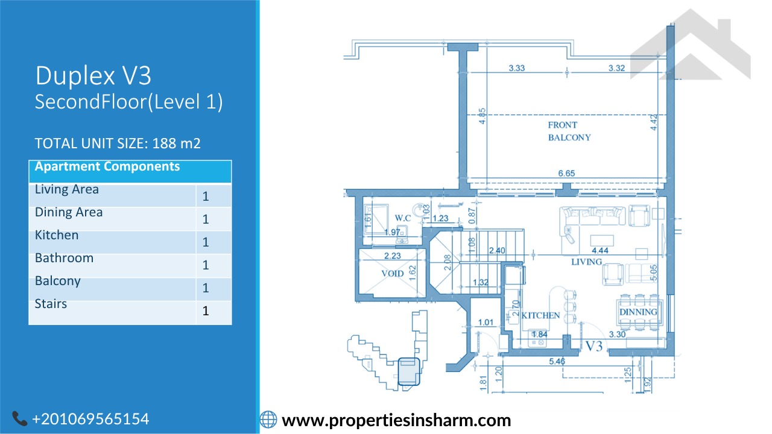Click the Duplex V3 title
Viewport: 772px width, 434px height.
tap(93, 76)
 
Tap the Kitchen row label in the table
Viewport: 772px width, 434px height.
tap(57, 235)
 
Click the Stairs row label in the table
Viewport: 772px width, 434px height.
tap(51, 304)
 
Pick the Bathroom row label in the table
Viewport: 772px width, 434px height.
tap(64, 258)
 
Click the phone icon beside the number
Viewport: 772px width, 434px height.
tap(20, 418)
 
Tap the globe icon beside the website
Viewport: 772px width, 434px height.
tap(268, 420)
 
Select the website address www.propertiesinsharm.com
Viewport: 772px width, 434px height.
tap(396, 421)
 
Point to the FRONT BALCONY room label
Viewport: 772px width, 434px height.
tap(569, 131)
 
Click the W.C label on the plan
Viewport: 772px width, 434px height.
tap(402, 218)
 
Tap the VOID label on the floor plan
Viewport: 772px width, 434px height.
tap(393, 274)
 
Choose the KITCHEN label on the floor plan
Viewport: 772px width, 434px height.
tap(540, 315)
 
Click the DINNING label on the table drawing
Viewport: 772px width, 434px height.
tap(638, 312)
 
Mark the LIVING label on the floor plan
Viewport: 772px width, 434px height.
tap(587, 262)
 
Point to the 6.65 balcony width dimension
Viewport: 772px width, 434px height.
tap(566, 173)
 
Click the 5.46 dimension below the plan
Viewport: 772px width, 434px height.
tap(557, 361)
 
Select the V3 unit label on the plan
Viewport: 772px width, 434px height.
tap(594, 346)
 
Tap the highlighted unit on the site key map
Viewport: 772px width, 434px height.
tap(409, 371)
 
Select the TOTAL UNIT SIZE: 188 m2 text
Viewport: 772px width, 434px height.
tap(118, 143)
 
